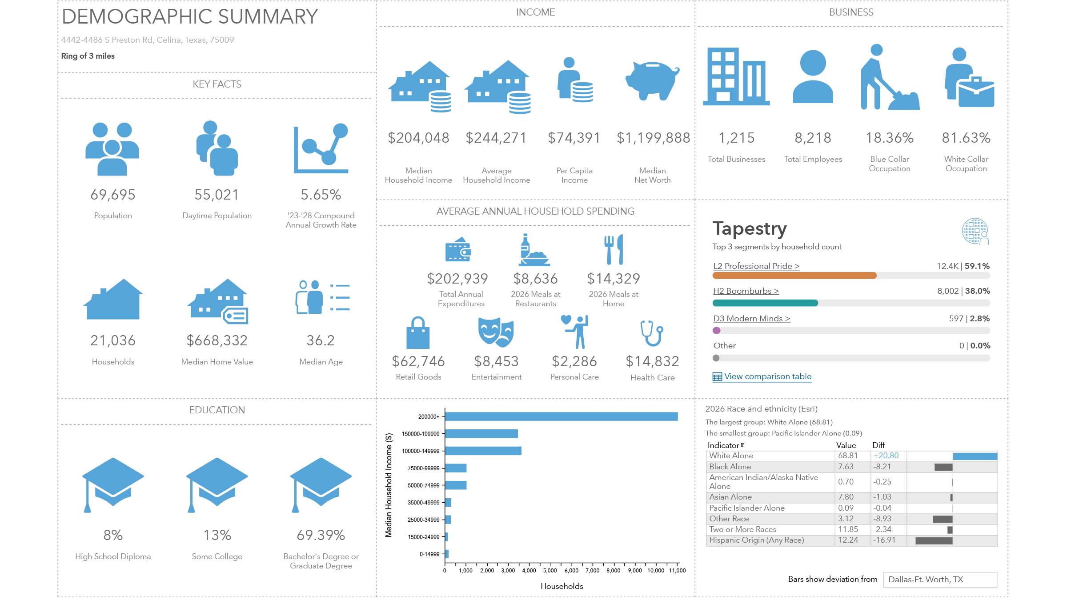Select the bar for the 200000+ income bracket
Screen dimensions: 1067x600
tap(561, 416)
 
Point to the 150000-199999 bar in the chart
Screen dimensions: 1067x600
tap(481, 434)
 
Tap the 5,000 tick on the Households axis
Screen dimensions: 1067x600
tap(550, 571)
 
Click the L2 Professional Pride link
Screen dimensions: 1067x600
tap(756, 266)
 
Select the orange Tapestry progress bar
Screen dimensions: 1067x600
tap(794, 276)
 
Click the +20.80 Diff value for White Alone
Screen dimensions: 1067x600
tap(886, 456)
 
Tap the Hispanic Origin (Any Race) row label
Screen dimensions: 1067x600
tap(756, 540)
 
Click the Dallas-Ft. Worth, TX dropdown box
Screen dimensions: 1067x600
tap(940, 580)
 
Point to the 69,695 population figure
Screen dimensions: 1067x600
tap(113, 195)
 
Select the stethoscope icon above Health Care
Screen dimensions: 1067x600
tap(652, 333)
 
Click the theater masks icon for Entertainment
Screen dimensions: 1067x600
tap(496, 332)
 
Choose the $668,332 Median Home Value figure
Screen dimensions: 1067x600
tap(217, 340)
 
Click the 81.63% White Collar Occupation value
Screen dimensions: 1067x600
tap(966, 138)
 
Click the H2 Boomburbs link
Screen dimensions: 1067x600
tap(746, 291)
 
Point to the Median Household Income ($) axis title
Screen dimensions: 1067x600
tap(389, 485)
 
